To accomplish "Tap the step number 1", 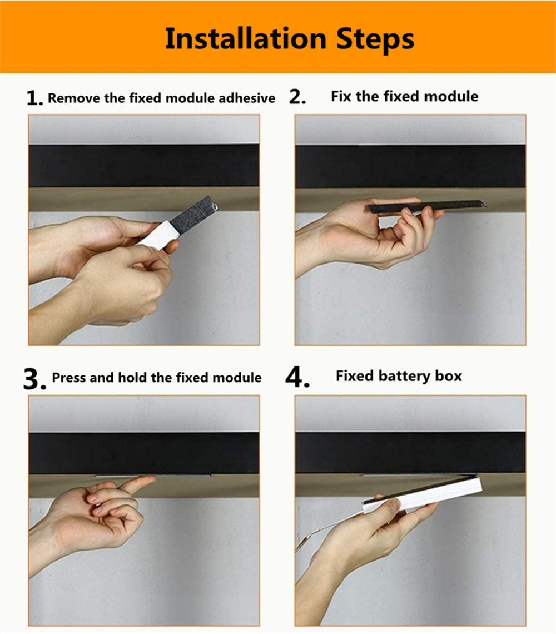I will pyautogui.click(x=34, y=99).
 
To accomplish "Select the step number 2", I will pyautogui.click(x=297, y=97).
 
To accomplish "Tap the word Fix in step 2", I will pyautogui.click(x=341, y=96).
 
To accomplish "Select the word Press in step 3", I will pyautogui.click(x=69, y=378).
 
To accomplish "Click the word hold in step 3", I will pyautogui.click(x=133, y=378).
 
